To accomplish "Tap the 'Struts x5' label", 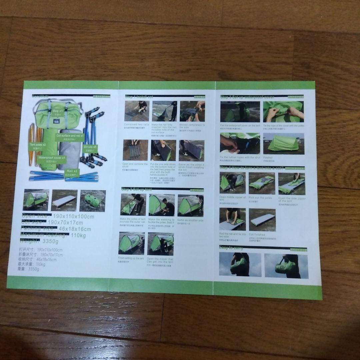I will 90,147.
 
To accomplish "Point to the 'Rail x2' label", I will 72,171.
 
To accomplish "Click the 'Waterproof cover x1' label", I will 52,157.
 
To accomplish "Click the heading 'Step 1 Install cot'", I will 139,97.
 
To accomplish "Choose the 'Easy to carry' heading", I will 231,248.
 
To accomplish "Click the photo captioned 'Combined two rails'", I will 137,111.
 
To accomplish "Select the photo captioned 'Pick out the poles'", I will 262,183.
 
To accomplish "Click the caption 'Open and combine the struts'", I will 135,166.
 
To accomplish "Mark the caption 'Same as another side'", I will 190,221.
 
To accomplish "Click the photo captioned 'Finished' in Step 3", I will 283,144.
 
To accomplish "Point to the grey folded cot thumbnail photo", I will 64,200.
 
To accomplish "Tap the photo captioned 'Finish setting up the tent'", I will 131,243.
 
